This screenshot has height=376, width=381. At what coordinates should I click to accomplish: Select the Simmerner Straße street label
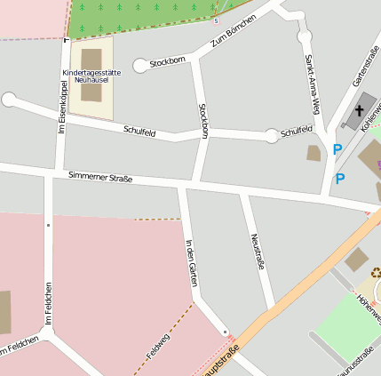(100, 178)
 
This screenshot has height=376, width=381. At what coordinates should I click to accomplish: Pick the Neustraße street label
(258, 252)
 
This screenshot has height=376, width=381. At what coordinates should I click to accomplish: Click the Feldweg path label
(157, 345)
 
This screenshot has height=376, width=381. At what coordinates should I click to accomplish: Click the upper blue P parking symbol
(337, 150)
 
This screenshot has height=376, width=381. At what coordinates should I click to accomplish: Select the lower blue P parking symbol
(340, 179)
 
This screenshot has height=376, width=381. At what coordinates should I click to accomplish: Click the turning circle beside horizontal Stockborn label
(139, 65)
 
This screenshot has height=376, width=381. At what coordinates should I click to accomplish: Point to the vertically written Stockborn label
(204, 120)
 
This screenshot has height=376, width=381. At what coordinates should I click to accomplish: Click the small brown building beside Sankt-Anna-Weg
(314, 153)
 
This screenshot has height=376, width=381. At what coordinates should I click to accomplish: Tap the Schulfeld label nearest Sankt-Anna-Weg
(297, 132)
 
